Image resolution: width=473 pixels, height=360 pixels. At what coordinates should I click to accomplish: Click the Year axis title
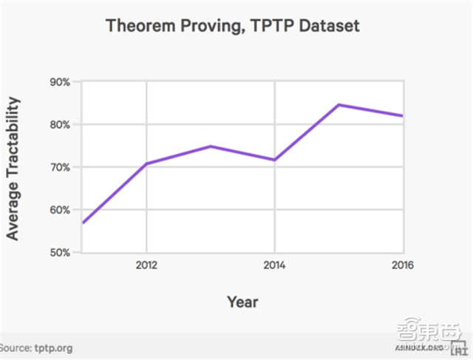[242, 302]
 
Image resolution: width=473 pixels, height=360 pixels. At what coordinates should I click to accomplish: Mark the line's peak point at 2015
[338, 105]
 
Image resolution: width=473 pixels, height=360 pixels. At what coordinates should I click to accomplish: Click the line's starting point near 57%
[83, 223]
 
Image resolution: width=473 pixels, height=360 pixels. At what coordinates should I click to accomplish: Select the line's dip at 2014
[275, 160]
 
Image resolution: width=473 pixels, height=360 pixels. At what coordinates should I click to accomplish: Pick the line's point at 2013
[211, 146]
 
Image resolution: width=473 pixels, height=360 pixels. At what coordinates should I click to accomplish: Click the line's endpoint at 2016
[402, 115]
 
